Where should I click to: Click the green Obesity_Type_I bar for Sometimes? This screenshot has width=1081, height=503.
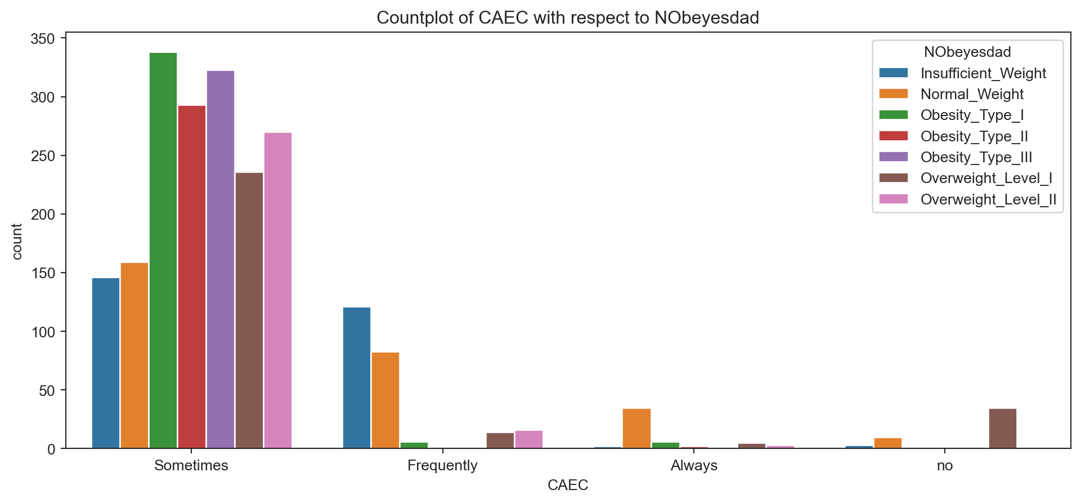[163, 251]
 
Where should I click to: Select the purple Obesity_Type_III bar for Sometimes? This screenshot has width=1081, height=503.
[221, 260]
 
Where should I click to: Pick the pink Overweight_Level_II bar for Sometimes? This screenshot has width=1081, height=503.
[278, 291]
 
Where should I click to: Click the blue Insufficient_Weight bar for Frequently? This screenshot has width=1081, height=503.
[357, 378]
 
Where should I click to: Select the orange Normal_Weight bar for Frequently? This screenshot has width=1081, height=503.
[385, 400]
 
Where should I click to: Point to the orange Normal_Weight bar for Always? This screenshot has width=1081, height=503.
[636, 429]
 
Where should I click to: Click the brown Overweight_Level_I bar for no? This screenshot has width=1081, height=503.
[1003, 429]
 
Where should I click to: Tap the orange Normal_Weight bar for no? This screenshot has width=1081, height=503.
[888, 443]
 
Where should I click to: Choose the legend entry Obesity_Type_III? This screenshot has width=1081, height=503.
[976, 157]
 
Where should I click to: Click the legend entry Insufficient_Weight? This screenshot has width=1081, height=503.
[983, 73]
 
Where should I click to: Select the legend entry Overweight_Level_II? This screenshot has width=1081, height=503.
[988, 199]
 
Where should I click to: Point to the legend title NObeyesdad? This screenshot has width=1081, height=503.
[967, 52]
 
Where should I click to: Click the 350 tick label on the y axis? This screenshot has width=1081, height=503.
[43, 39]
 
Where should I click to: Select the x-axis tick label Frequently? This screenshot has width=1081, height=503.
[442, 466]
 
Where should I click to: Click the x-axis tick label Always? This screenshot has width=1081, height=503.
[694, 466]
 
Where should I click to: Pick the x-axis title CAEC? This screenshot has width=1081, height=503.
[568, 485]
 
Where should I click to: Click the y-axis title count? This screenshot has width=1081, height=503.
[17, 242]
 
